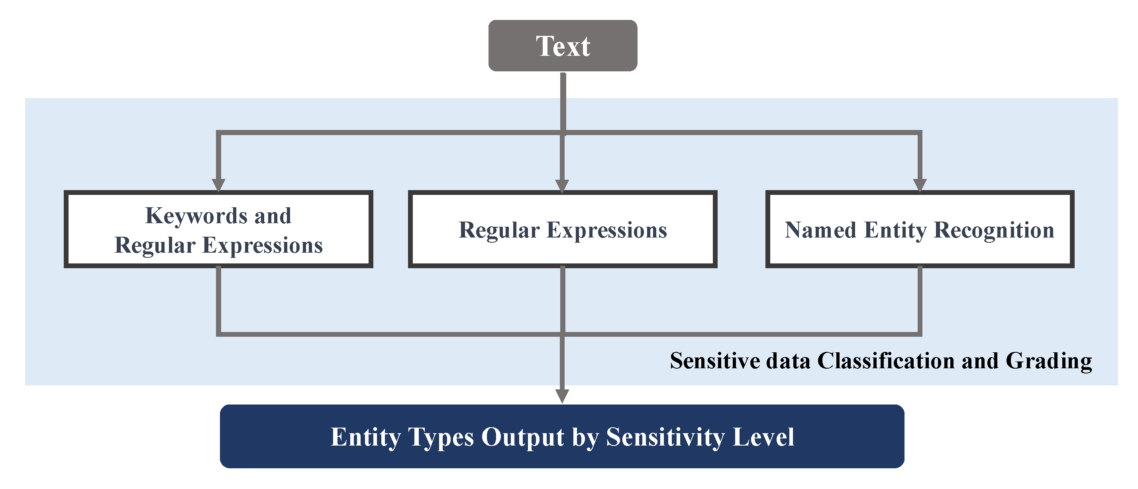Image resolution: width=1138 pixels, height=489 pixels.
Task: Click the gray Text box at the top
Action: coord(562,45)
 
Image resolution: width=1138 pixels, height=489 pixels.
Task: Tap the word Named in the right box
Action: coord(820,230)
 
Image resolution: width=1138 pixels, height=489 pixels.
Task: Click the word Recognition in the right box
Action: coord(994,230)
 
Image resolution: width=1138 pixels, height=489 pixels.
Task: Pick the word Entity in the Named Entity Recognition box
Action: coord(895,230)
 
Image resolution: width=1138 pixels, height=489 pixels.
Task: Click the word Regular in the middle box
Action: coord(499,230)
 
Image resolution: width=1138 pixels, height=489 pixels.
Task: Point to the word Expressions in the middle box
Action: coord(606,230)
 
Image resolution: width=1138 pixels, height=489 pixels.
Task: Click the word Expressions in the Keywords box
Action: coord(263,245)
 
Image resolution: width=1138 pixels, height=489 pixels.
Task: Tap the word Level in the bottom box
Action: coord(763,437)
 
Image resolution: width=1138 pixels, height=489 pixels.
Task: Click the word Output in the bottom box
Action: coord(523,437)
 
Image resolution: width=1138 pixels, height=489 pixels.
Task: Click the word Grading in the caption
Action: coord(1048,361)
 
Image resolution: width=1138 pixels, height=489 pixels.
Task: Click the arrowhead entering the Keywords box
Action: coord(219,185)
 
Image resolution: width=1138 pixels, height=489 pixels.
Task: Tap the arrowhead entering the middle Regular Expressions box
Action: coord(562,186)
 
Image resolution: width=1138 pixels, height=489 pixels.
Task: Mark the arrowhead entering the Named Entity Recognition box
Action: coord(920,185)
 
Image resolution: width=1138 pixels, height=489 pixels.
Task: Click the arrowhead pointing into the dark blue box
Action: coord(562,395)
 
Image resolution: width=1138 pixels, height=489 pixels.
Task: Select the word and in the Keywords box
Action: coord(273,216)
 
